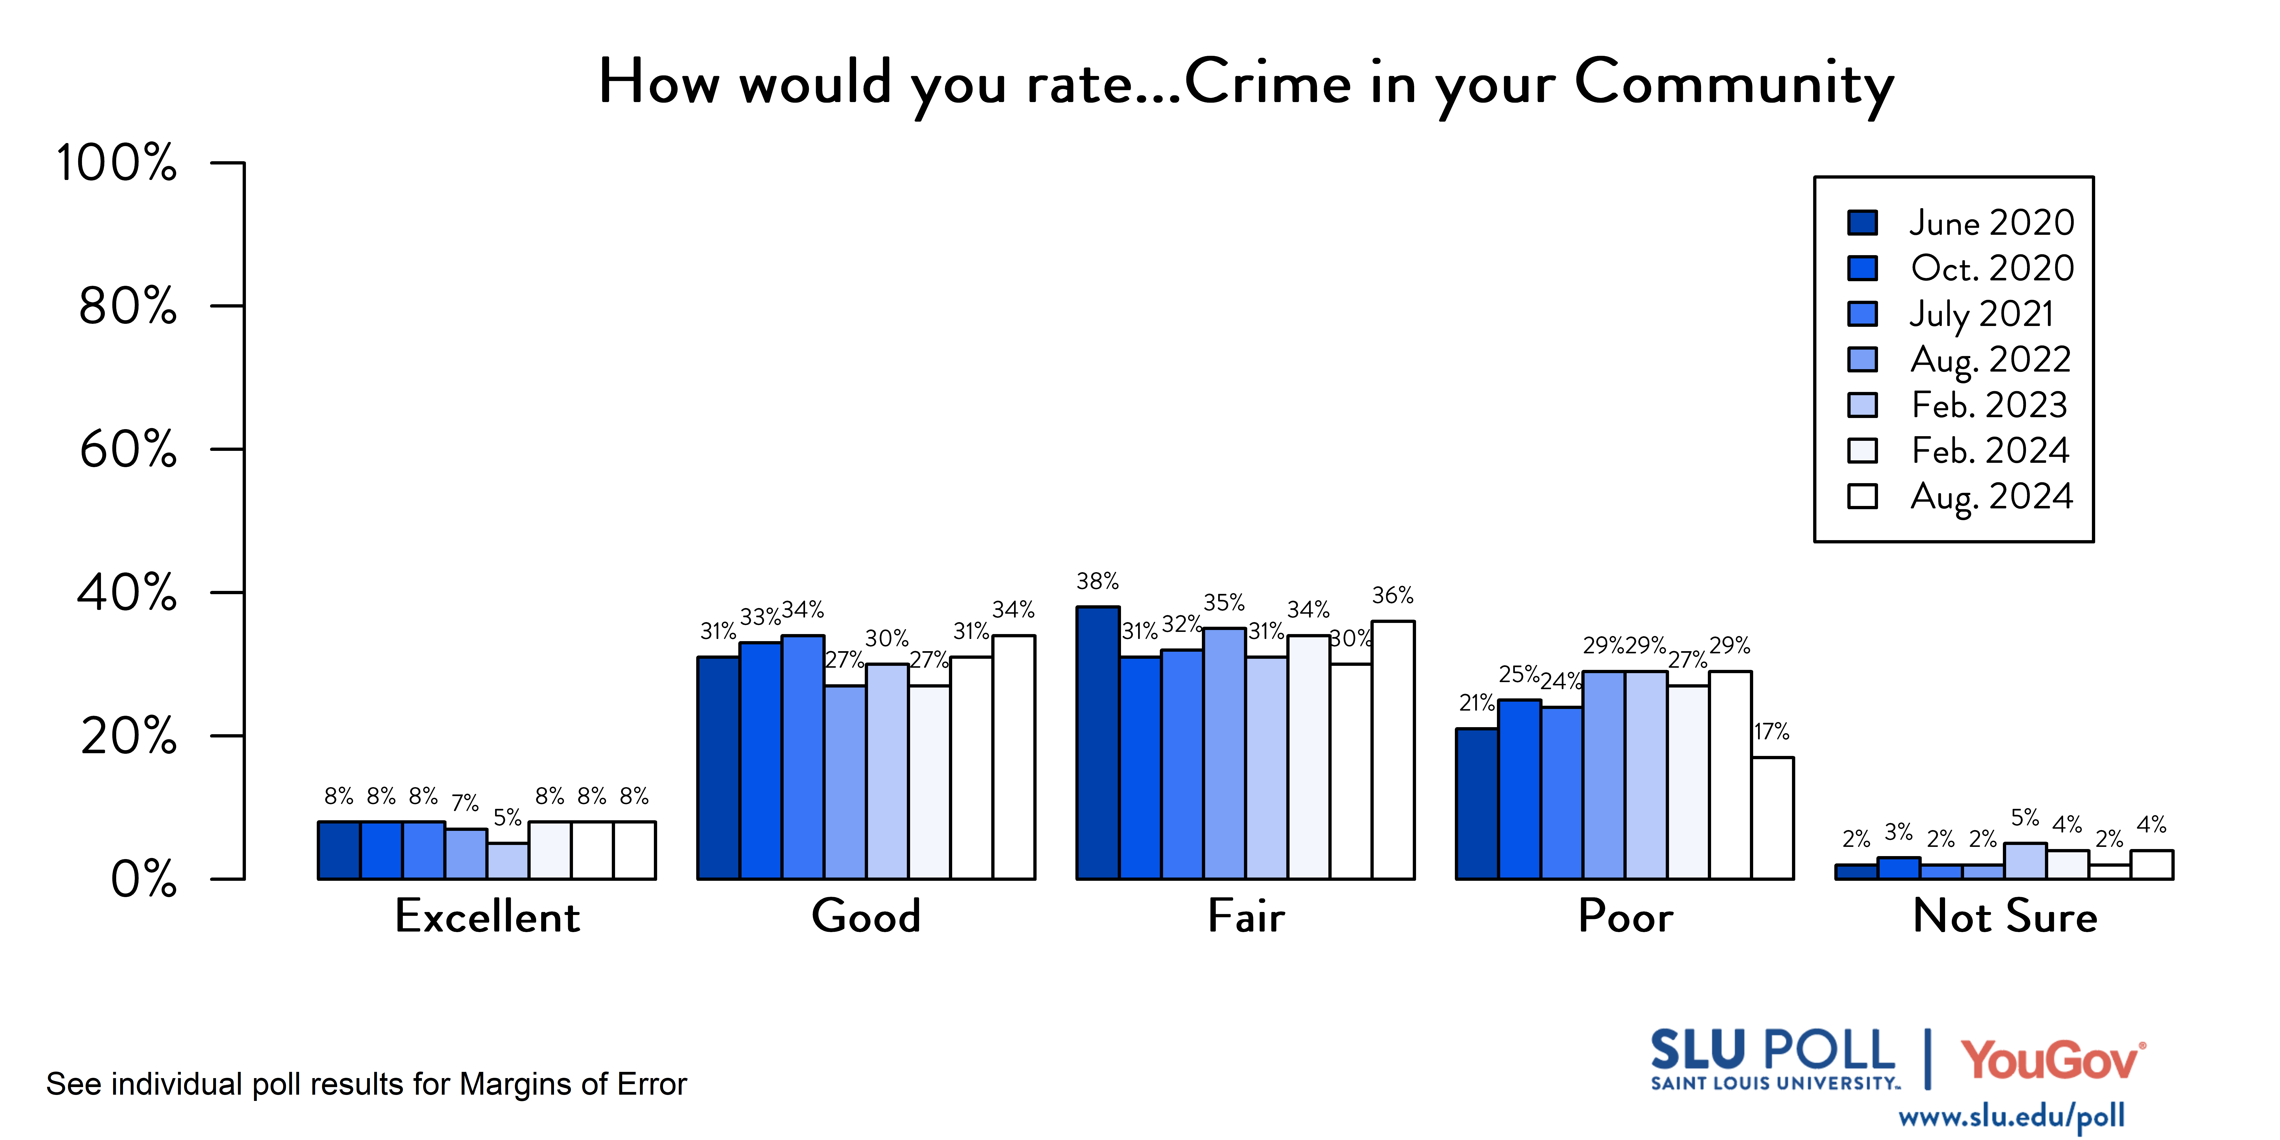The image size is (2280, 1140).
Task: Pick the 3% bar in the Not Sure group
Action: pyautogui.click(x=1899, y=868)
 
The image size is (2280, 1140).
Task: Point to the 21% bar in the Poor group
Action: pyautogui.click(x=1477, y=804)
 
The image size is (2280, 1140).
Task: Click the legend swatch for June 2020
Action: pyautogui.click(x=1862, y=222)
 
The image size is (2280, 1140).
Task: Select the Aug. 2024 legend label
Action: pyautogui.click(x=1991, y=496)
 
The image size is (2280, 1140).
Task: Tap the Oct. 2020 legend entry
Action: pyautogui.click(x=1991, y=268)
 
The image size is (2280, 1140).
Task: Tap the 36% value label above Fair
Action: pyautogui.click(x=1392, y=596)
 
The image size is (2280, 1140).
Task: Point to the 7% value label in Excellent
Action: pyautogui.click(x=465, y=803)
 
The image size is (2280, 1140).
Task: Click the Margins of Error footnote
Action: pyautogui.click(x=366, y=1084)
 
